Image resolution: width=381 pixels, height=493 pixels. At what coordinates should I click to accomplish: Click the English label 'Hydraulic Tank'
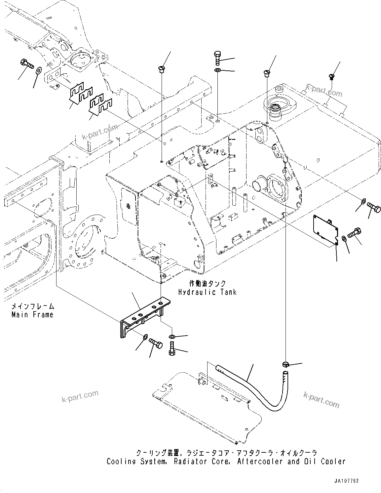coord(207,292)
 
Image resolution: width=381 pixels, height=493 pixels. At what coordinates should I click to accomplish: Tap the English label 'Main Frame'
coord(32,315)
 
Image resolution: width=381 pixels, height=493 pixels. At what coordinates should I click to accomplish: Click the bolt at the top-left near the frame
coord(27,63)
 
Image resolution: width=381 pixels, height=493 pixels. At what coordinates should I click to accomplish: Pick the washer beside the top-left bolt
coord(38,70)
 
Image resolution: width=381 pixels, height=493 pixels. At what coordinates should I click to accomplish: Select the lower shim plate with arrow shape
coord(101,106)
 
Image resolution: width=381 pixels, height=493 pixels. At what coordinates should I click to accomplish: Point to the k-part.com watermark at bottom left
coord(80,396)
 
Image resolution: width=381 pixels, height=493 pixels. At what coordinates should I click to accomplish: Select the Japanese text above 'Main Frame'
coord(32,307)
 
